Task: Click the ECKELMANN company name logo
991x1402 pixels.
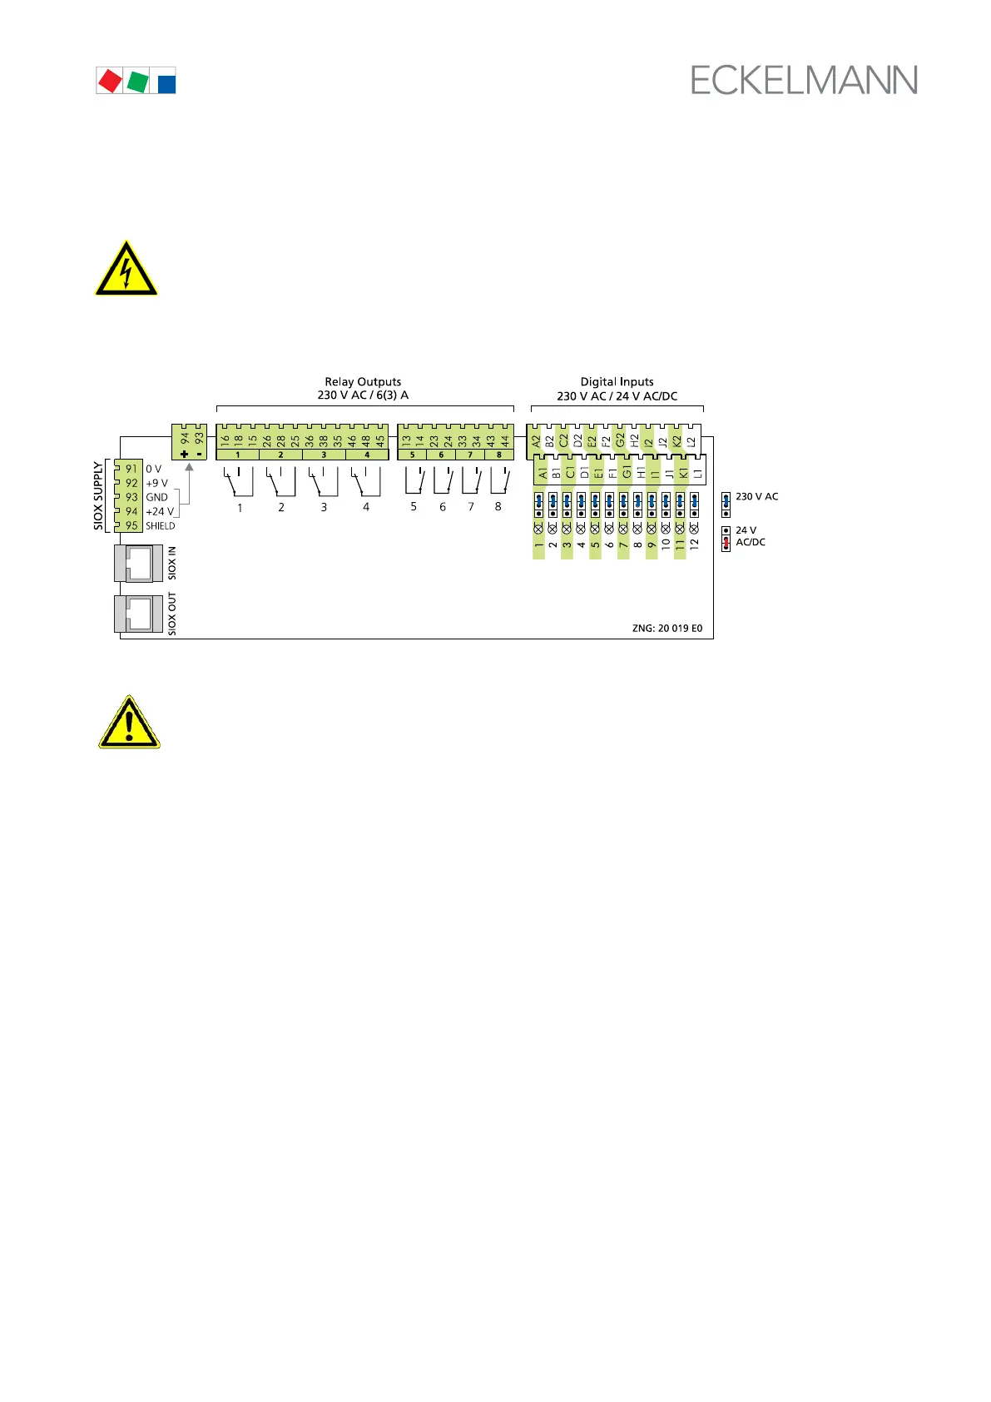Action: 804,80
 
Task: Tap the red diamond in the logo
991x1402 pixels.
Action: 109,81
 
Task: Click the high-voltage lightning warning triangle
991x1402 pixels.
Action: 126,269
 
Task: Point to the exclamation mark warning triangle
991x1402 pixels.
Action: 129,722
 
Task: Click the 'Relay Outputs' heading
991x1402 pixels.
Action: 363,382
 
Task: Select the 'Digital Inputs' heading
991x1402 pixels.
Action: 617,382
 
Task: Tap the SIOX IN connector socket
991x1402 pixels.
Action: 138,564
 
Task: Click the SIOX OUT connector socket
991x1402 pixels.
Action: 138,614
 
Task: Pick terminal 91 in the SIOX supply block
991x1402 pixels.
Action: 131,470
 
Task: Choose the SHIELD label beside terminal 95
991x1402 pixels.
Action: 161,526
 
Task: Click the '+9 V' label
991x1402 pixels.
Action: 156,483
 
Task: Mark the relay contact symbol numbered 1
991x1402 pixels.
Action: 239,482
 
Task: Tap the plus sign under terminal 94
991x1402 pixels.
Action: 185,455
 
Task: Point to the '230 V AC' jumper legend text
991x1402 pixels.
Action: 757,497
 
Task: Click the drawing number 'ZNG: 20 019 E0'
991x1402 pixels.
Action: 667,629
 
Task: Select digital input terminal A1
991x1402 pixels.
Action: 543,473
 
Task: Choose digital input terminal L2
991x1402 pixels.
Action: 691,440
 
